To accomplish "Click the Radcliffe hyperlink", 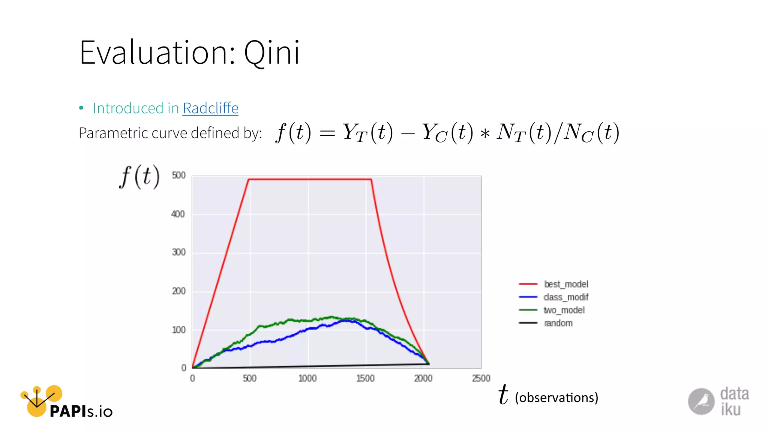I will (210, 108).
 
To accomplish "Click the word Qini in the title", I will (271, 53).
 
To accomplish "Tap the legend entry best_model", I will (565, 284).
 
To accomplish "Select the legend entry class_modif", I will (565, 297).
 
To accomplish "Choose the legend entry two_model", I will (564, 310).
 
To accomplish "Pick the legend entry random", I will (558, 323).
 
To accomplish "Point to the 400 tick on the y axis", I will (178, 214).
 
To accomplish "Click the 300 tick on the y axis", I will (178, 252).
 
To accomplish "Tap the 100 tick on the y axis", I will (178, 330).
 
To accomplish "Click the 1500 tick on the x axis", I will (365, 378).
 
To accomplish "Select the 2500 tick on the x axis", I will (481, 378).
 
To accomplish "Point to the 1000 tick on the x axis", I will (307, 378).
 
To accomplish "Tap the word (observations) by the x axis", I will (556, 397).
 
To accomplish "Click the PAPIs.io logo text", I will (81, 411).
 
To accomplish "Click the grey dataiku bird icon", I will (701, 401).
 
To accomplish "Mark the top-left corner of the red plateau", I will (249, 179).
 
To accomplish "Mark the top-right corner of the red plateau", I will (371, 179).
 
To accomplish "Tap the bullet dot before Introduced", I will (81, 108).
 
